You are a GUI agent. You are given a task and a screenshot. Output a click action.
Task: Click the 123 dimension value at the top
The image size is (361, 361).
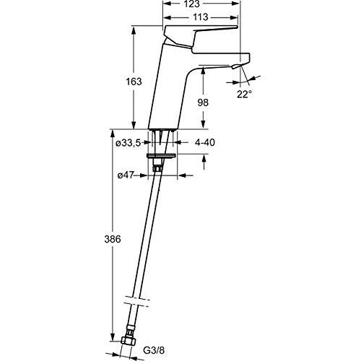tap(201, 4)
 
